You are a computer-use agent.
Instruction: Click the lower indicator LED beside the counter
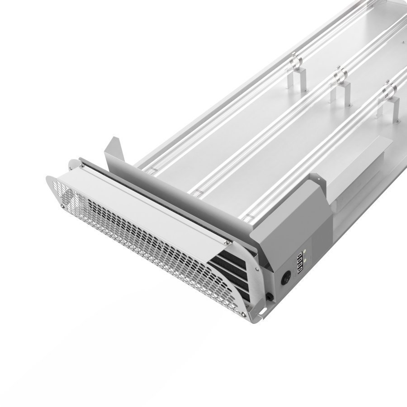click(x=306, y=261)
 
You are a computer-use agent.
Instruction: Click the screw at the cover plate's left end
click(x=82, y=167)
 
